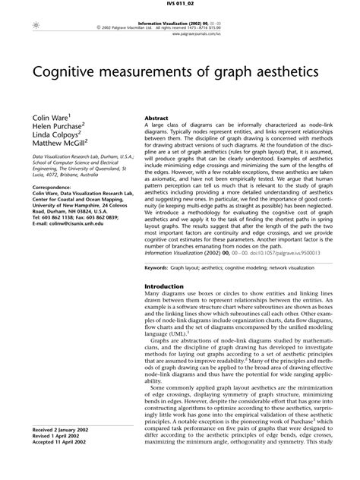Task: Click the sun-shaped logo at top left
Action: pos(27,26)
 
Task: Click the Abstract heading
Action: pos(156,119)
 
